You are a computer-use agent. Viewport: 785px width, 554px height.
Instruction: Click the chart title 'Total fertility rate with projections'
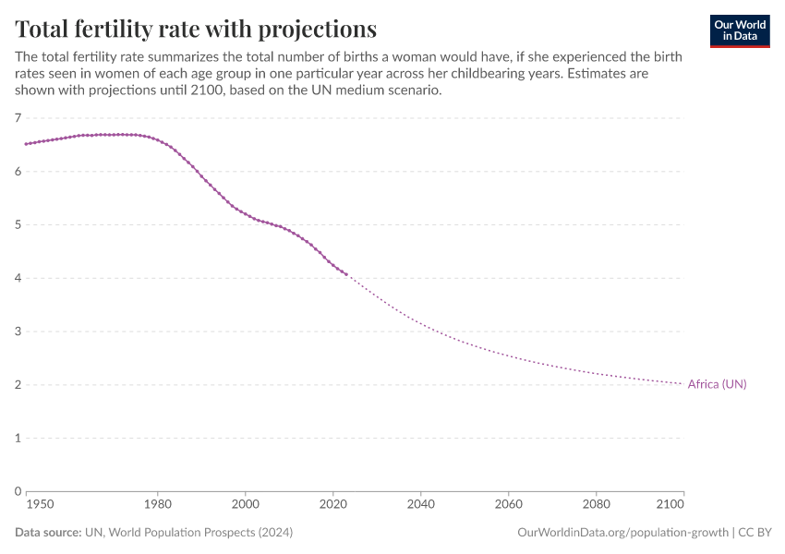pos(196,28)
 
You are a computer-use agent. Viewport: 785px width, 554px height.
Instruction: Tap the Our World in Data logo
pos(739,30)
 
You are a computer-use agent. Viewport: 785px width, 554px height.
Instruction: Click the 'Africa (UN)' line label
pos(717,384)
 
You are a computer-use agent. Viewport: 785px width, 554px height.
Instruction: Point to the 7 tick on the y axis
pos(18,118)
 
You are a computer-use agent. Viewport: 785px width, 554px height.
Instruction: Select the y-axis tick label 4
pos(18,278)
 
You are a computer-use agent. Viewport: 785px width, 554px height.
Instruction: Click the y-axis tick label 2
pos(18,385)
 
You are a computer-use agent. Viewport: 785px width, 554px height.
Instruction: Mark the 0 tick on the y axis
pos(18,491)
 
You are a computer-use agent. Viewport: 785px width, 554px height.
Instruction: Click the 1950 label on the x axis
pos(39,505)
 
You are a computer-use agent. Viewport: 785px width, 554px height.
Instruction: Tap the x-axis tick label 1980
pos(158,505)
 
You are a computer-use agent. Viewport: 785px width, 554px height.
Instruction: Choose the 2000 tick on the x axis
pos(246,505)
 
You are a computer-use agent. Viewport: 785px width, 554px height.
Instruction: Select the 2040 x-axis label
pos(420,505)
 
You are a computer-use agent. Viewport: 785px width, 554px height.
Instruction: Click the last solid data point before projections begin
pos(346,274)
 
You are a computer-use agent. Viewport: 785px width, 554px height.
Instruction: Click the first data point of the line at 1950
pos(26,144)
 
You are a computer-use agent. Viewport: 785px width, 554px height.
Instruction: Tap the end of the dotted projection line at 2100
pos(682,383)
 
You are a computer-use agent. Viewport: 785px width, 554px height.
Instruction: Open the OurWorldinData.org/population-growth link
pos(623,533)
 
